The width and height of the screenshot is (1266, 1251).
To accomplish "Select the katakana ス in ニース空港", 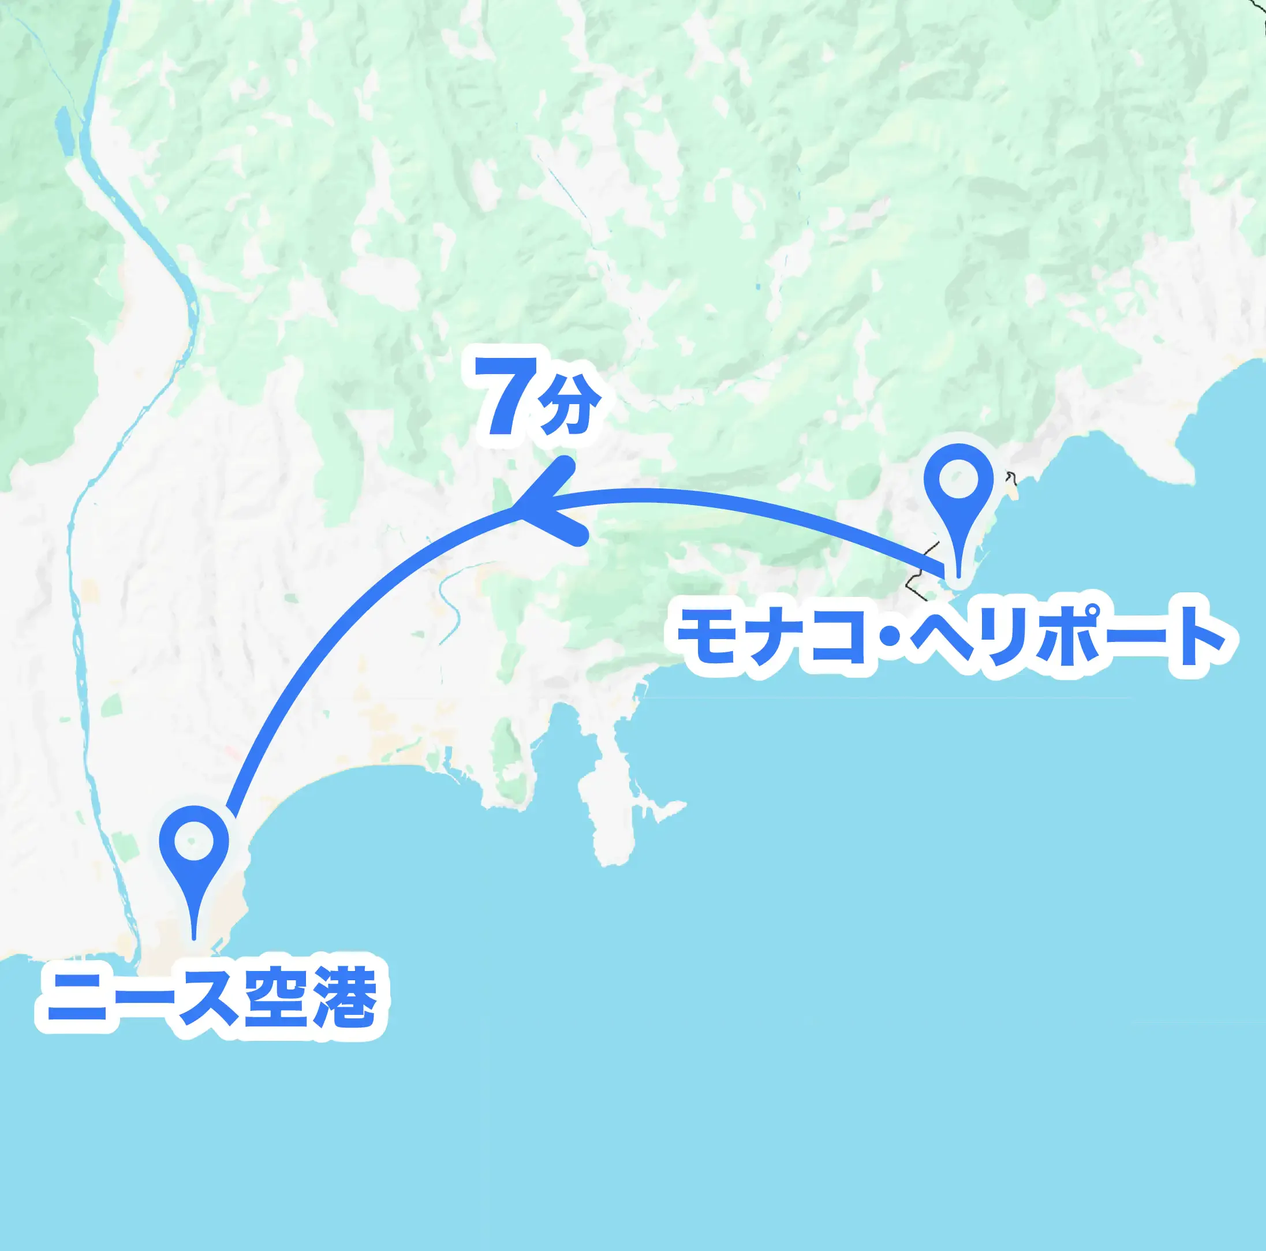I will click(207, 998).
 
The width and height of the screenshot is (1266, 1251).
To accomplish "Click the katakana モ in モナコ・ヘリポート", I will click(709, 636).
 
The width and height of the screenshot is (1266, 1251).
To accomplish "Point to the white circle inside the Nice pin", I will click(194, 841).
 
